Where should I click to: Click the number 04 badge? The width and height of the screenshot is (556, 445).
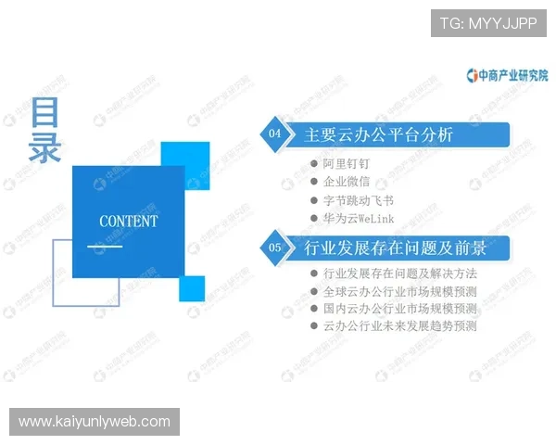[274, 134]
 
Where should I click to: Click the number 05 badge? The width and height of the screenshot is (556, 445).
[274, 248]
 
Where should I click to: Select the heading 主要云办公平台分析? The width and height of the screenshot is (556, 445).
[379, 134]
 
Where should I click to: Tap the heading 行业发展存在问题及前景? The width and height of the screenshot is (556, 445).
[396, 248]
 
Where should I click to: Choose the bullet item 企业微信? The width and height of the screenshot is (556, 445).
[347, 182]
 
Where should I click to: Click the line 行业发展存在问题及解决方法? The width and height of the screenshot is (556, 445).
[399, 273]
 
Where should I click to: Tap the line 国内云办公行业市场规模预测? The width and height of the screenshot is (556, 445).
[399, 309]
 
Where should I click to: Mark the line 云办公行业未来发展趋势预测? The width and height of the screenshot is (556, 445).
[399, 326]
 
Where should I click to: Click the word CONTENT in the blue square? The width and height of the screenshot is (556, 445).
[128, 222]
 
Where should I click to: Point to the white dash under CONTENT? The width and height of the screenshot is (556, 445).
[105, 247]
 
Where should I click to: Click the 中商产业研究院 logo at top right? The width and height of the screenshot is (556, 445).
[508, 74]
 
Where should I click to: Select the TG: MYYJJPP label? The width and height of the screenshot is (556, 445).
[487, 22]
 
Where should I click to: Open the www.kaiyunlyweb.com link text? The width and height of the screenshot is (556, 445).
[95, 422]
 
